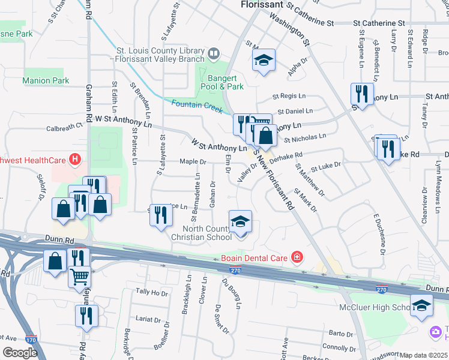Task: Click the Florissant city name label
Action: (262, 5)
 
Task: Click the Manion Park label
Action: (46, 80)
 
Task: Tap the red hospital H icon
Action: (75, 160)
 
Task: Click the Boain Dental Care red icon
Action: (297, 259)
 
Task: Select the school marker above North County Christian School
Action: (240, 223)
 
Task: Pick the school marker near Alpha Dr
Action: (263, 61)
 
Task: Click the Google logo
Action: (20, 353)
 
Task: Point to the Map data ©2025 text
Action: (423, 355)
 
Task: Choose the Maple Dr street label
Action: (193, 161)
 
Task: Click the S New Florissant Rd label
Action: (274, 179)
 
